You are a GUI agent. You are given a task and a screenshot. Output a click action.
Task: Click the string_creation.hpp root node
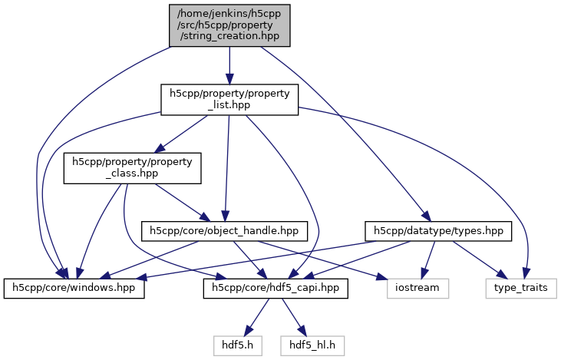[229, 24]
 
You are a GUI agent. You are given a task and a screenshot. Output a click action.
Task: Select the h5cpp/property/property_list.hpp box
[229, 100]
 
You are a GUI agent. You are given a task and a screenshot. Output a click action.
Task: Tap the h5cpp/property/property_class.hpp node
[131, 168]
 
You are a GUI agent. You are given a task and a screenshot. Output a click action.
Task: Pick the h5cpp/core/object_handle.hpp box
[224, 230]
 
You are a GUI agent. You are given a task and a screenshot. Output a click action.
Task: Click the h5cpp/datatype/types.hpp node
[437, 230]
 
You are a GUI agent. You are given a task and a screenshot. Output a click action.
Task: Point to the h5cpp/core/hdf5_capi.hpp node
[276, 289]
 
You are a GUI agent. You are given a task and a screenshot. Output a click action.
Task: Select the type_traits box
[520, 289]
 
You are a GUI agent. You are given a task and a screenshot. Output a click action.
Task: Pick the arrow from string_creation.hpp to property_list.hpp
[229, 65]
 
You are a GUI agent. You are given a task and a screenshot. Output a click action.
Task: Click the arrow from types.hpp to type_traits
[477, 258]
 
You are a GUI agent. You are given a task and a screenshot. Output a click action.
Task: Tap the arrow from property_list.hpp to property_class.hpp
[183, 134]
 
